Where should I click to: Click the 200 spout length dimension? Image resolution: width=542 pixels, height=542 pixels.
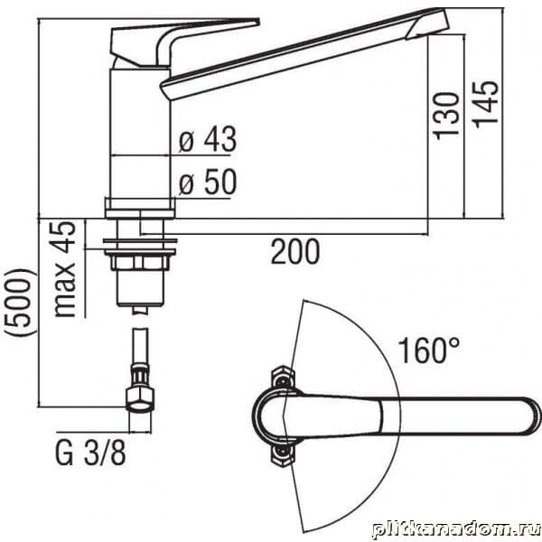[295, 252]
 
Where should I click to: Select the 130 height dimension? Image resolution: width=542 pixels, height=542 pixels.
[447, 117]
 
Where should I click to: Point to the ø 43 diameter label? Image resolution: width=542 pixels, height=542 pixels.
[208, 139]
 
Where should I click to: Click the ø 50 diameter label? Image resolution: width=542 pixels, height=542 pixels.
[208, 182]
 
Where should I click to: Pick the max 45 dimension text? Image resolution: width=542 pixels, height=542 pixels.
[64, 269]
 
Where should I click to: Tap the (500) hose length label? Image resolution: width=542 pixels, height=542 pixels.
[20, 302]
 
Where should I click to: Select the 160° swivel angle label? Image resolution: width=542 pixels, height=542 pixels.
[429, 350]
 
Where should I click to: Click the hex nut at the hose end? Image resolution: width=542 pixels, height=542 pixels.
[140, 399]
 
